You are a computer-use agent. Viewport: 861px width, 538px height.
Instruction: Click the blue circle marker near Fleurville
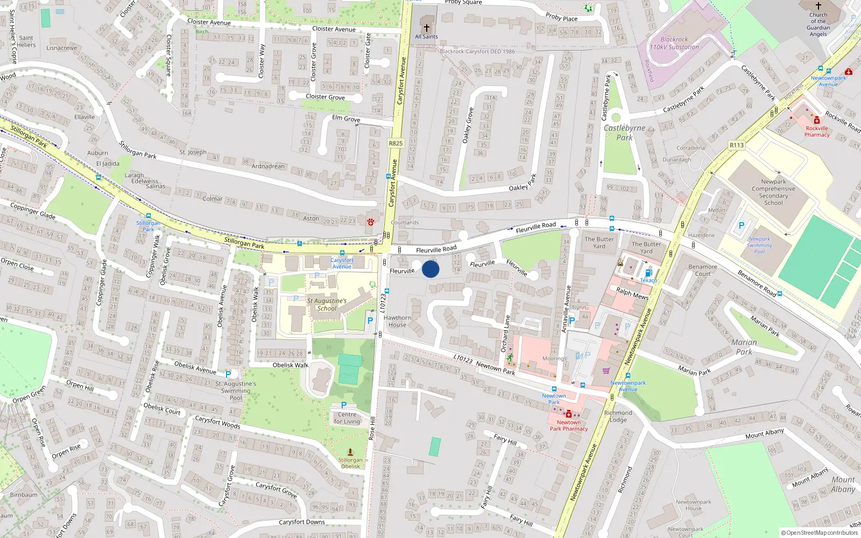tap(430, 269)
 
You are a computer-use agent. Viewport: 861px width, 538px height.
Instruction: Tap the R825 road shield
tap(396, 143)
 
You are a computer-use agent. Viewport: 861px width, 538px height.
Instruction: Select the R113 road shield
tap(737, 145)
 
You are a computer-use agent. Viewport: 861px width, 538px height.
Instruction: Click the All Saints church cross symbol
tap(427, 28)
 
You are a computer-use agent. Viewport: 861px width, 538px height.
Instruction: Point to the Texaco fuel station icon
tap(648, 273)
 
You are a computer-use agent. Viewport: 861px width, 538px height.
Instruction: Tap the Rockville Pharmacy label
tap(817, 131)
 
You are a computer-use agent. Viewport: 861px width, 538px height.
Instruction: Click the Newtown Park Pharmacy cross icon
tap(569, 414)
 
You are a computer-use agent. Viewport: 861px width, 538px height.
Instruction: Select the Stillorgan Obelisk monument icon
tap(350, 452)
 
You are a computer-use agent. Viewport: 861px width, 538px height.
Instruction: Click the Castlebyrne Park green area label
tap(624, 132)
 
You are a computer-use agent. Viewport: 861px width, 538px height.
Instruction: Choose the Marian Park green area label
tap(744, 347)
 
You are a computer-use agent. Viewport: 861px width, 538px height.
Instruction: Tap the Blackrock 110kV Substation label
tap(674, 43)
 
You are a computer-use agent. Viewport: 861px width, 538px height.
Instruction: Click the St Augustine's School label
tap(327, 305)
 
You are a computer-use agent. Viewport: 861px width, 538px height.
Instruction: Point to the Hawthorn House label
tap(398, 321)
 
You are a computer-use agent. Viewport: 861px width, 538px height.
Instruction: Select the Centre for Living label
tap(347, 417)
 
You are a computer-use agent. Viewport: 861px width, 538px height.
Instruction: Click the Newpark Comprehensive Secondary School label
tap(773, 192)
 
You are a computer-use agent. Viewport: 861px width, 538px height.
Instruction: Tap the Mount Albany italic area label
tap(843, 484)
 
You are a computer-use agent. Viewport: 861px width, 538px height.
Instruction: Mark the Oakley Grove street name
tap(468, 125)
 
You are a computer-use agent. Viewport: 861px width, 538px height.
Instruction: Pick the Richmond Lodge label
tap(618, 416)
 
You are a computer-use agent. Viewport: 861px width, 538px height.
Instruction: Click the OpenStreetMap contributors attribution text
tap(820, 533)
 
